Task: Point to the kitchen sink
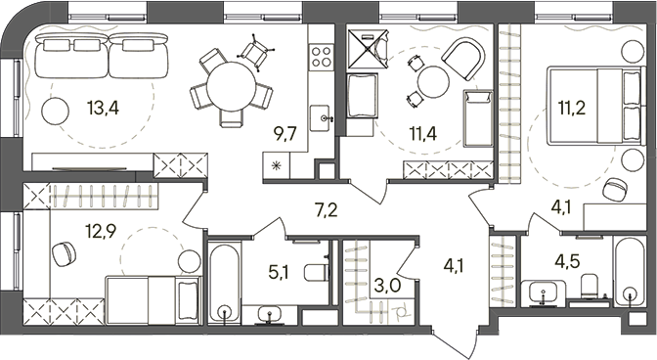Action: coord(321,118)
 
